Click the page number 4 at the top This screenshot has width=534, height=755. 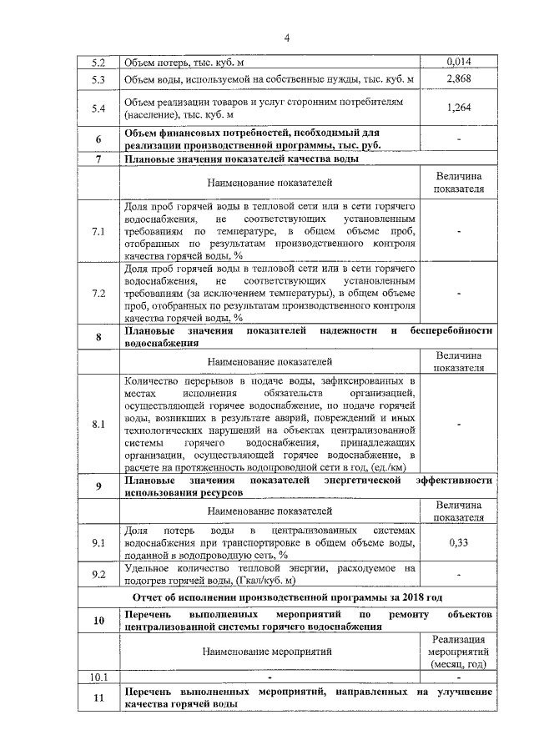click(286, 38)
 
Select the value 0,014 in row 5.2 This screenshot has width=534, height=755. click(459, 62)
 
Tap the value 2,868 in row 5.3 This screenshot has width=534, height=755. click(459, 79)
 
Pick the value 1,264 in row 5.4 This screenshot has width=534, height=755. click(459, 108)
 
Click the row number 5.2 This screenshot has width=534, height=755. click(99, 62)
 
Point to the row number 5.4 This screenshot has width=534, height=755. click(99, 108)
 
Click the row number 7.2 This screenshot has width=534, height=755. click(99, 294)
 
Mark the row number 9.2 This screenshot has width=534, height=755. click(99, 574)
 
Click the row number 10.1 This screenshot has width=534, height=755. click(99, 676)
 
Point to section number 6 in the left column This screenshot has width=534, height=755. click(99, 138)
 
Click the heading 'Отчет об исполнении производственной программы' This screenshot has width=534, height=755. click(288, 597)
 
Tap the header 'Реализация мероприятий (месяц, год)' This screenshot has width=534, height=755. click(459, 651)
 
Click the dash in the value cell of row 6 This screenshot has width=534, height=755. click(459, 138)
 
